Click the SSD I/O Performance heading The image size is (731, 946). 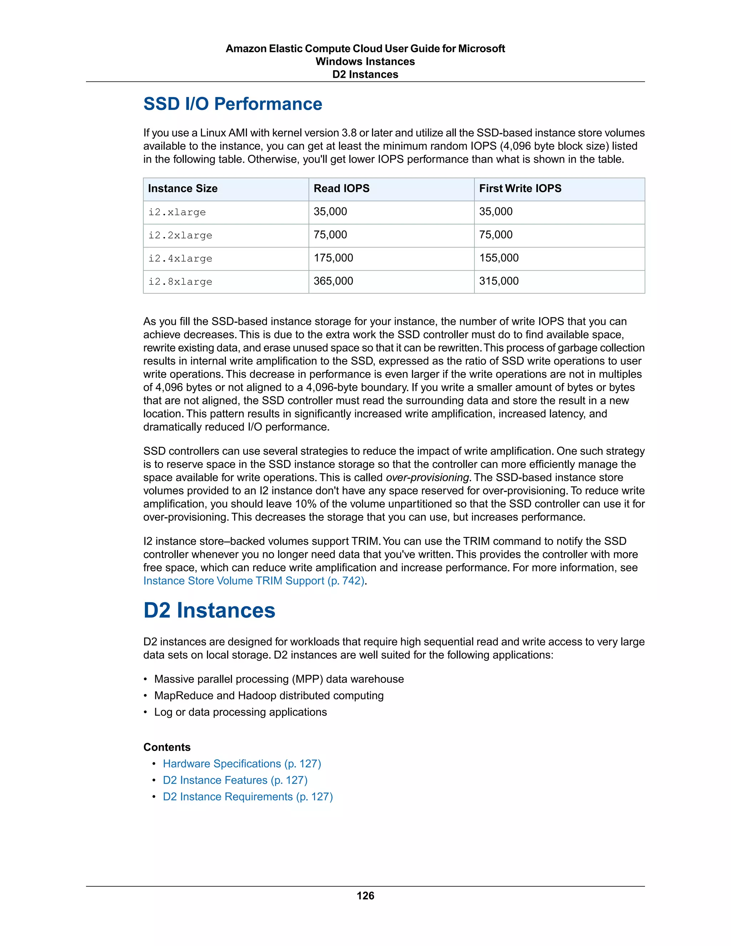(x=233, y=104)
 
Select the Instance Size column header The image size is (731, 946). (x=183, y=188)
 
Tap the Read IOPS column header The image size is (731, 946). (x=341, y=188)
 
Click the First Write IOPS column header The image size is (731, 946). (x=520, y=188)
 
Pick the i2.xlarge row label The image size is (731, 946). (x=177, y=212)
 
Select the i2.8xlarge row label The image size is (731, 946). (x=180, y=282)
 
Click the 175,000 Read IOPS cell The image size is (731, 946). (x=333, y=258)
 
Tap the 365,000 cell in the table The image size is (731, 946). (x=333, y=281)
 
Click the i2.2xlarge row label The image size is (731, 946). (x=180, y=235)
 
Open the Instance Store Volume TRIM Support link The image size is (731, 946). (x=254, y=581)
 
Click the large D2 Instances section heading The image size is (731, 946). (x=209, y=610)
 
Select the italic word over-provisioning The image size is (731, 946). (x=427, y=477)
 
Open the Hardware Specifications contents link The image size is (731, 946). (x=242, y=764)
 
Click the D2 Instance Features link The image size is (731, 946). (x=235, y=780)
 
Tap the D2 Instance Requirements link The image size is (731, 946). (x=247, y=796)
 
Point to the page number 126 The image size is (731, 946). (x=365, y=896)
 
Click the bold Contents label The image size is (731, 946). (x=167, y=747)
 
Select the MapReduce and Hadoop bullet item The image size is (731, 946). (x=268, y=696)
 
